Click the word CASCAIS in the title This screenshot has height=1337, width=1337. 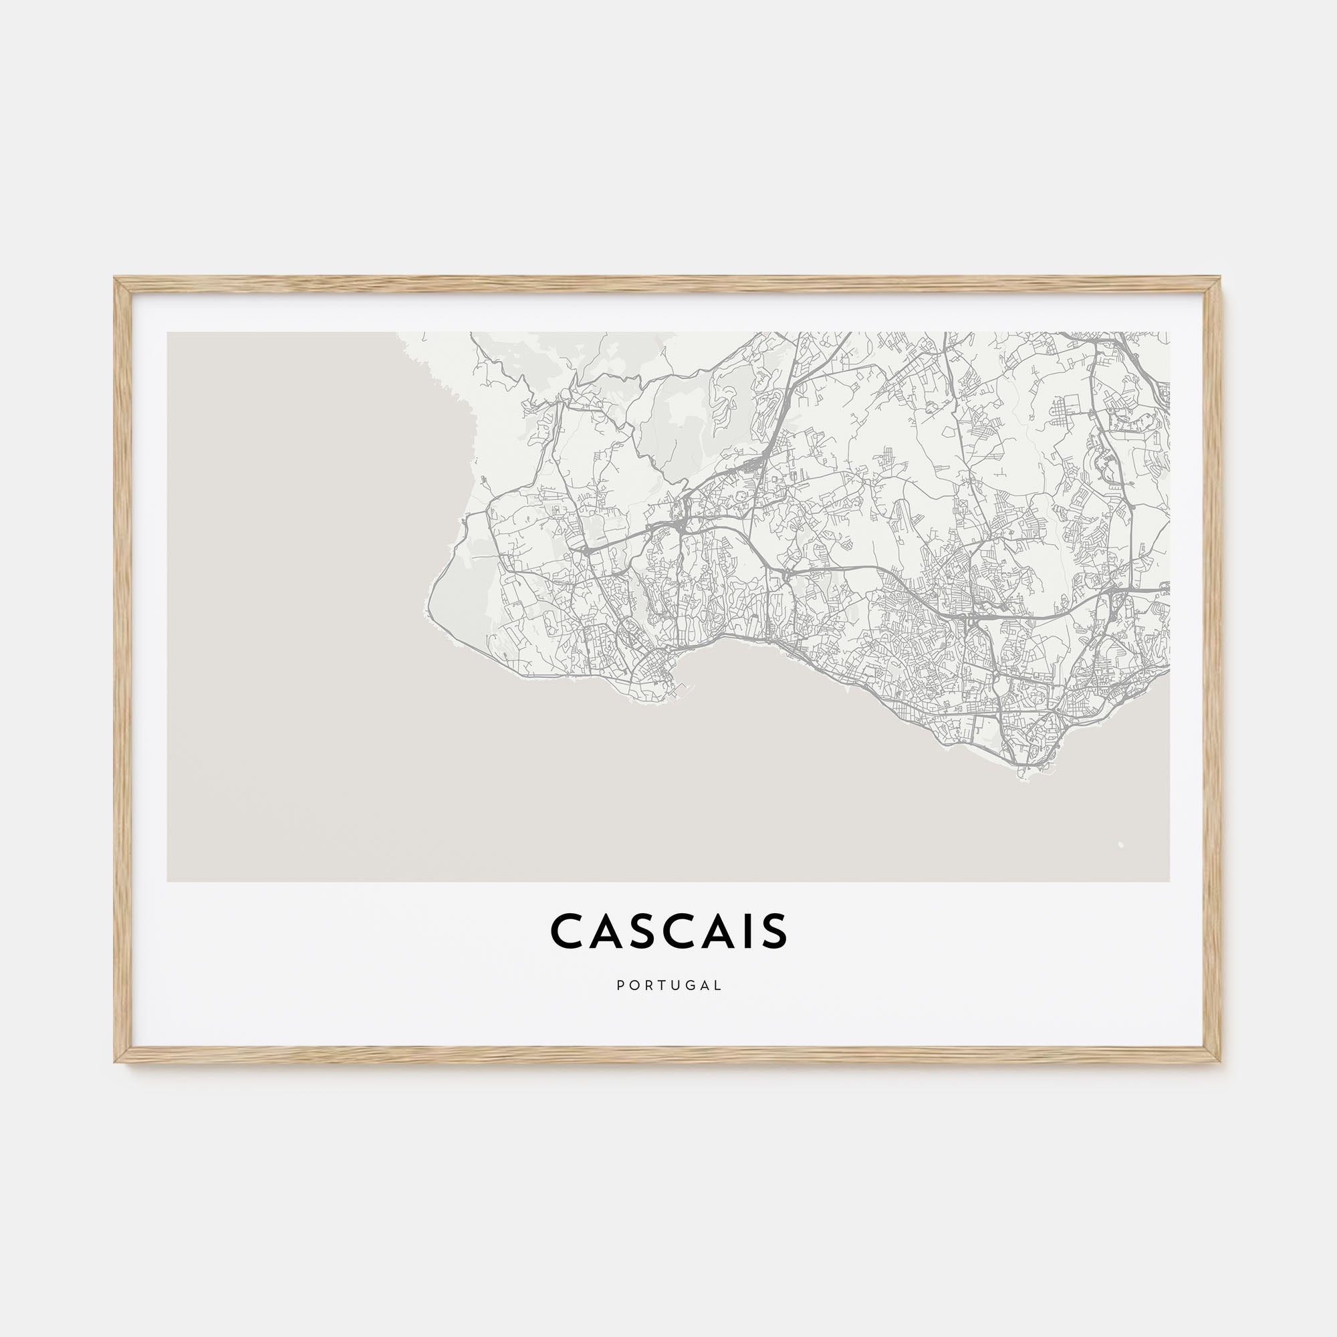tap(668, 931)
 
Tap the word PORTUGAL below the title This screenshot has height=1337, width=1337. tap(669, 985)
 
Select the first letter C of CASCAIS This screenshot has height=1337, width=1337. tap(566, 931)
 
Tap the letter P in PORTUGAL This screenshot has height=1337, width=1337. tap(620, 985)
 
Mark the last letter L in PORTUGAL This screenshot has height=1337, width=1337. tap(719, 985)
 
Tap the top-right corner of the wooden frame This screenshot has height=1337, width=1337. tap(1220, 279)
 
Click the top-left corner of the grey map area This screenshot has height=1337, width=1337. tap(168, 333)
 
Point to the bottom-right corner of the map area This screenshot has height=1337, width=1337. tap(1169, 881)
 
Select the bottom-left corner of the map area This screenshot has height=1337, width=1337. tap(168, 881)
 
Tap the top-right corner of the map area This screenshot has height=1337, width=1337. tap(1169, 333)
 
